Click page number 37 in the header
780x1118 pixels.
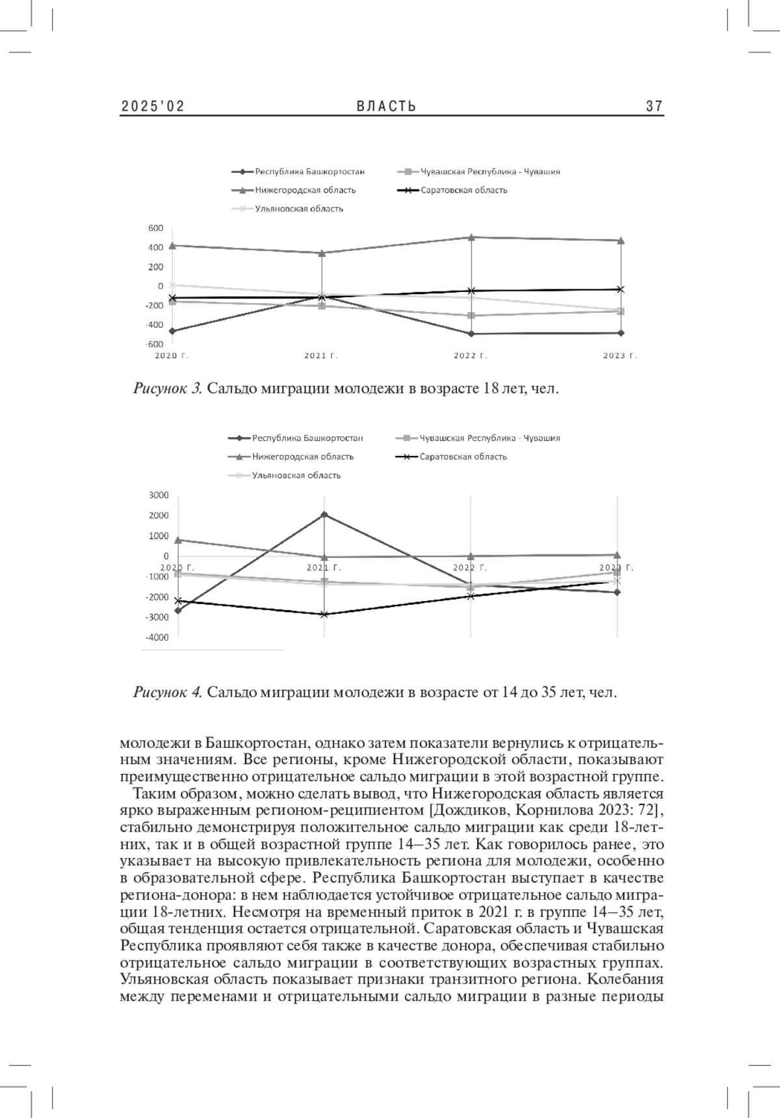coord(655,107)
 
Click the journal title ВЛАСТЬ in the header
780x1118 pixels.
coord(386,107)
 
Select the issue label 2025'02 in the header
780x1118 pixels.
coord(153,107)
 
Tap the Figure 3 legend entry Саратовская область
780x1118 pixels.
coord(463,191)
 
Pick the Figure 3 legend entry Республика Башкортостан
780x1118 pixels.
coord(309,172)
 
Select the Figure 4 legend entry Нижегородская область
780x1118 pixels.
coord(303,457)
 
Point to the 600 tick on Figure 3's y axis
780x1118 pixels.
coord(155,228)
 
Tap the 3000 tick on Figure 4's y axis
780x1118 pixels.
coord(159,495)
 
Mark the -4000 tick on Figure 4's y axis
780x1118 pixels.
coord(157,637)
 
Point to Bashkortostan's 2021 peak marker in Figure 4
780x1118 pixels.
coord(324,514)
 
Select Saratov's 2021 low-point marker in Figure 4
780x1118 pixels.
coord(324,614)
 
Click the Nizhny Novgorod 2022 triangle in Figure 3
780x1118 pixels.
coord(471,237)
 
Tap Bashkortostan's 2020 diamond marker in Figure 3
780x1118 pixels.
coord(172,331)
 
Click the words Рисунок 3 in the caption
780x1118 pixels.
coord(168,389)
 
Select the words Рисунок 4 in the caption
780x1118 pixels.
coord(168,692)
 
